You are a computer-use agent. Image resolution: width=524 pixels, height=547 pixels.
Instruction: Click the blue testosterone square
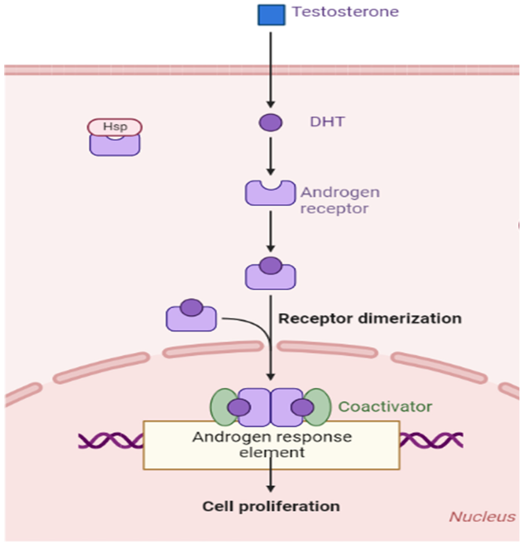coord(271,15)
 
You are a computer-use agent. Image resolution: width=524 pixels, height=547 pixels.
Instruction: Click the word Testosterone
coord(345,12)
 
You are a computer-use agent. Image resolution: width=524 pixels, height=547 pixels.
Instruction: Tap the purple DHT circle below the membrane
coord(270,123)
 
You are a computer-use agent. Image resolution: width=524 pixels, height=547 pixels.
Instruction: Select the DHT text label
coord(327,122)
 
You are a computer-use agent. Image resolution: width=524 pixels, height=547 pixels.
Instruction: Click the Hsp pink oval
coord(114,127)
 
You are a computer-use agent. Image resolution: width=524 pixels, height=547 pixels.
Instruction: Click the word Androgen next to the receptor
coord(340,192)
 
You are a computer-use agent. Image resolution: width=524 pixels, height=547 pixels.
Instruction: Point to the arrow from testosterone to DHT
coord(270,70)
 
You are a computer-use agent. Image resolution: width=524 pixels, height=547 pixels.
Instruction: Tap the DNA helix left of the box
coord(110,440)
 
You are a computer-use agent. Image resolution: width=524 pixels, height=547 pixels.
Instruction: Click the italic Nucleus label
coord(482,517)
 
